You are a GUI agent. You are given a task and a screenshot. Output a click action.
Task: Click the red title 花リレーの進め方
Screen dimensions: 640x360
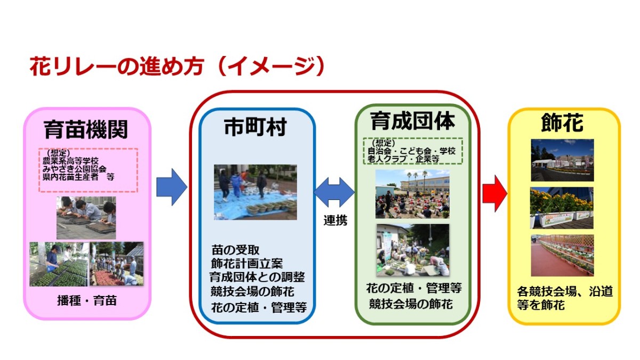[x=117, y=66]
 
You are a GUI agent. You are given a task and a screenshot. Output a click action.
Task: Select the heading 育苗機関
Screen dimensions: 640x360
[x=86, y=130]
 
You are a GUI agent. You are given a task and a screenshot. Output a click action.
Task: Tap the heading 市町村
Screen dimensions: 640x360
[x=255, y=127]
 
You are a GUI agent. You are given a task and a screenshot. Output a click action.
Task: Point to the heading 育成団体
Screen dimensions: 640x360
[x=412, y=121]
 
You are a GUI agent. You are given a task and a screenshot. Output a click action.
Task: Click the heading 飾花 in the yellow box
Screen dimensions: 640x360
[x=562, y=123]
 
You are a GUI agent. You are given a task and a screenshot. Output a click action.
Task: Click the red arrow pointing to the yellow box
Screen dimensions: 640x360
[x=495, y=194]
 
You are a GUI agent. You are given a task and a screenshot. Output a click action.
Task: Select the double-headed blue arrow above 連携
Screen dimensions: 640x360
[x=334, y=193]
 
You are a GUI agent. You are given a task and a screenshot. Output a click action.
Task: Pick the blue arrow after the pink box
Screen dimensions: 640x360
[x=172, y=187]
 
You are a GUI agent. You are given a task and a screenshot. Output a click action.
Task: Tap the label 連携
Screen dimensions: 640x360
[x=335, y=221]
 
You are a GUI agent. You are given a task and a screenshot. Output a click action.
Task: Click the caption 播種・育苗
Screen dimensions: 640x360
[x=87, y=301]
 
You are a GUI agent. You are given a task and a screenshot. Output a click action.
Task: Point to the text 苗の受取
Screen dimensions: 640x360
[x=235, y=250]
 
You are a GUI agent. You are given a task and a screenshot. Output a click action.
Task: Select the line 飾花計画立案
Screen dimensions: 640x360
[x=247, y=263]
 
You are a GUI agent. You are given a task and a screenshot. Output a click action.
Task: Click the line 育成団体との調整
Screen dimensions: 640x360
[x=257, y=277]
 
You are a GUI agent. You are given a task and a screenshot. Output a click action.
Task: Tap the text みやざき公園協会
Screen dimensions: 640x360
[x=74, y=169]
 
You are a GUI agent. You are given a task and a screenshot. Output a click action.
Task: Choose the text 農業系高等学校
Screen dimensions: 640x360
[x=70, y=161]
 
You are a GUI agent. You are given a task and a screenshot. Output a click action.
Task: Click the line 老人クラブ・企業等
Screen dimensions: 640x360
[x=403, y=159]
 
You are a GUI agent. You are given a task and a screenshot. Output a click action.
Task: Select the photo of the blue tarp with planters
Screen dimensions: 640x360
[x=255, y=192]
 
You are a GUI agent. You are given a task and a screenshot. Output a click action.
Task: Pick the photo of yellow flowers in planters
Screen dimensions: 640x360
[x=562, y=207]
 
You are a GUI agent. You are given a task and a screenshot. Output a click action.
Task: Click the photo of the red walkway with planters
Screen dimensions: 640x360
[x=562, y=255]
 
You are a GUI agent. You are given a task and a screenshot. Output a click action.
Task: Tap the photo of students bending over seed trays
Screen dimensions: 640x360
[x=86, y=218]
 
